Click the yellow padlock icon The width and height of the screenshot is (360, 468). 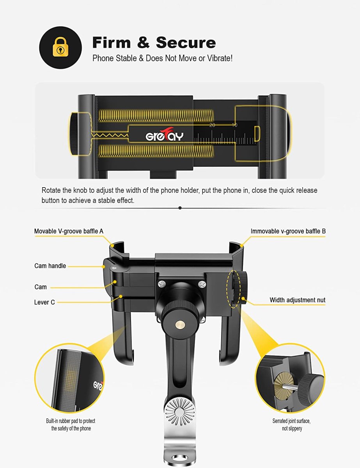60,48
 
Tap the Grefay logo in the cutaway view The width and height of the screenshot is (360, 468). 164,136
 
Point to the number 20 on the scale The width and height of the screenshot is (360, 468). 212,125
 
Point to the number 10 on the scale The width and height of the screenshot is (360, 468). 234,125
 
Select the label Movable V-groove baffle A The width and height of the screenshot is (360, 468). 69,231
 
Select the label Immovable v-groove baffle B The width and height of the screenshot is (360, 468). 288,231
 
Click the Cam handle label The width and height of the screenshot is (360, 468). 50,266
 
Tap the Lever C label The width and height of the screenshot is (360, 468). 44,302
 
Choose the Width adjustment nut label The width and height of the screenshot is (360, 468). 297,300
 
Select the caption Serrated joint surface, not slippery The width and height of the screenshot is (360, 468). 291,425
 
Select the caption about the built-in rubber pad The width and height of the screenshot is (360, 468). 70,425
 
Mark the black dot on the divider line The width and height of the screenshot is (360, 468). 180,208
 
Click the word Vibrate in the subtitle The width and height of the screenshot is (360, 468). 221,58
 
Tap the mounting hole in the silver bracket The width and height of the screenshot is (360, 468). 179,461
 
